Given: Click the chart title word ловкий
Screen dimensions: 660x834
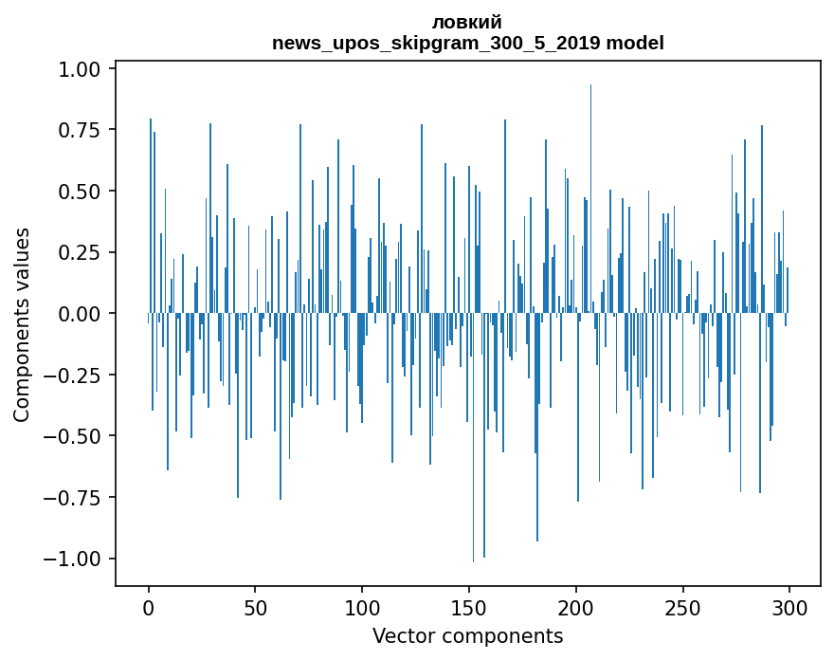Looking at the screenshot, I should [x=467, y=23].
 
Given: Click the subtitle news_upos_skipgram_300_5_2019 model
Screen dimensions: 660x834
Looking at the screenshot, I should [x=467, y=43].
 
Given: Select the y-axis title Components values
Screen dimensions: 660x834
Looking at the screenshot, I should [x=21, y=324].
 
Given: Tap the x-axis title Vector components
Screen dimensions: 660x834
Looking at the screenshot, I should [x=467, y=635].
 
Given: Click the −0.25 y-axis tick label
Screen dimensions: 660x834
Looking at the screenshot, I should [x=75, y=375].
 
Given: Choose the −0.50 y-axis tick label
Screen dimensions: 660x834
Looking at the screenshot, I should [x=75, y=436].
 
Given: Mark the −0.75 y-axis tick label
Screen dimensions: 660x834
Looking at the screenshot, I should [x=75, y=497].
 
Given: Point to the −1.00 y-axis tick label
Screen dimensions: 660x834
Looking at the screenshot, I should [x=75, y=559].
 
